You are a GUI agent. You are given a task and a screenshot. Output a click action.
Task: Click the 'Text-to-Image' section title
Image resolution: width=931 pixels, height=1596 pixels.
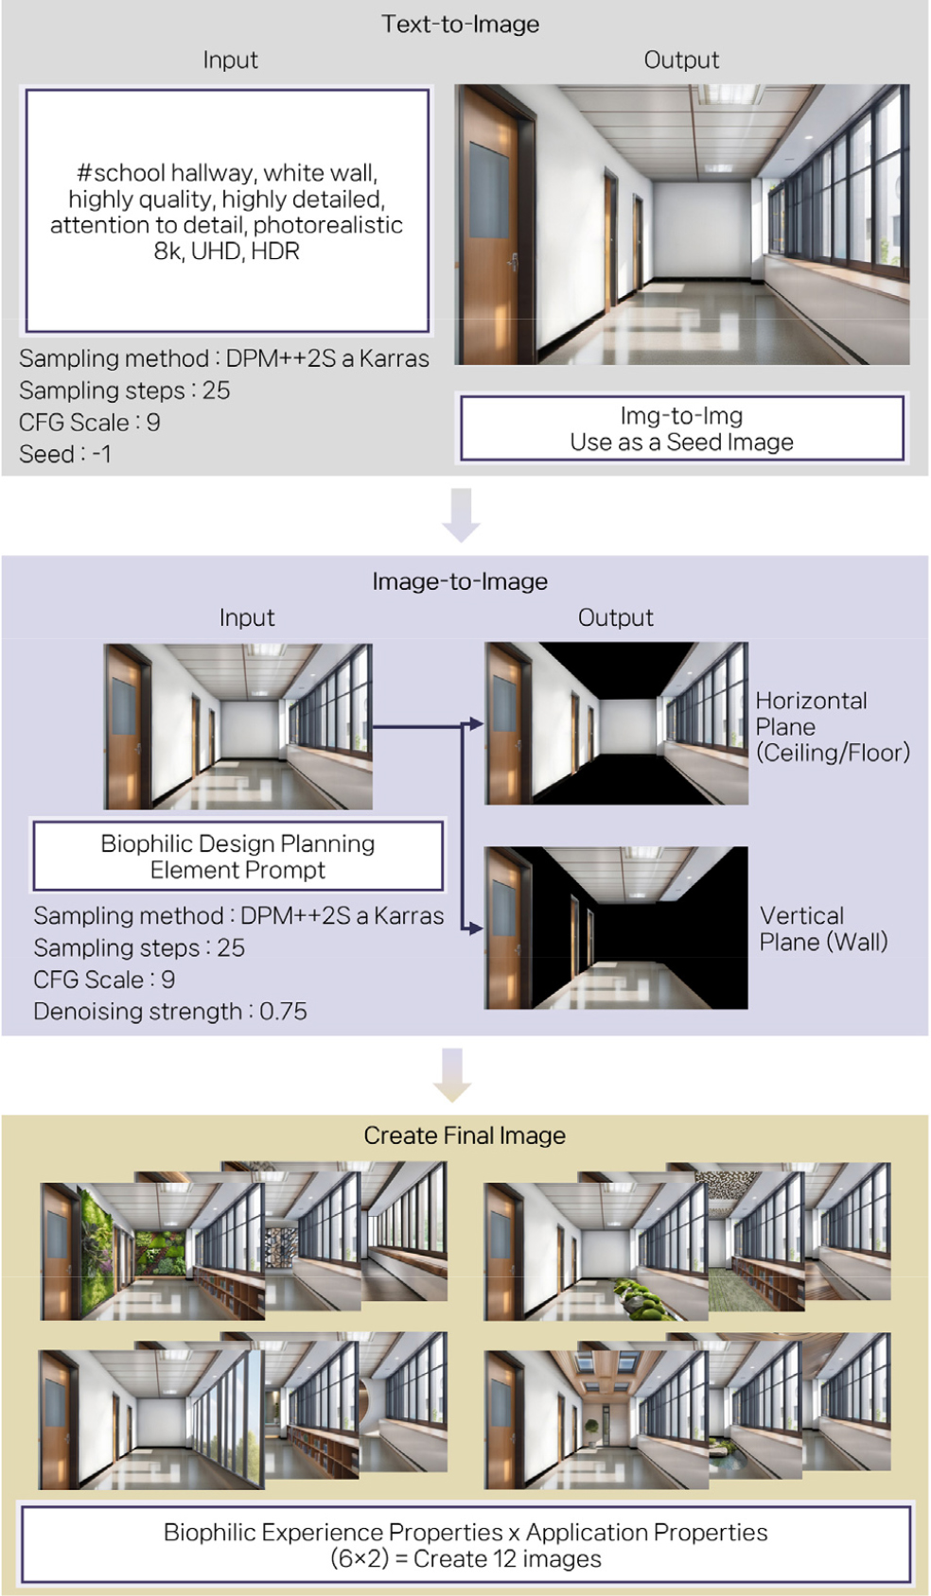click(460, 24)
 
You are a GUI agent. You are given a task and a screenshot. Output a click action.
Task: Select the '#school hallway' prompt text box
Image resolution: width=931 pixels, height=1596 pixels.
click(227, 211)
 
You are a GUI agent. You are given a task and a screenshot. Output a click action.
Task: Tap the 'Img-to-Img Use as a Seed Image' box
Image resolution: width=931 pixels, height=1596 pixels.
click(681, 428)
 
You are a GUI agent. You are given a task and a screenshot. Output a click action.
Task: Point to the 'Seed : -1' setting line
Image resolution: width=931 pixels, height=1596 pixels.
click(65, 454)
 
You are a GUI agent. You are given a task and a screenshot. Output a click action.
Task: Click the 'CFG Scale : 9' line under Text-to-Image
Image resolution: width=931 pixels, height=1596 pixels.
click(89, 422)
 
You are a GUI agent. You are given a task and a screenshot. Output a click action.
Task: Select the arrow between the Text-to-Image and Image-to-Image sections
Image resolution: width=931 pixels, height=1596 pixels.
click(461, 514)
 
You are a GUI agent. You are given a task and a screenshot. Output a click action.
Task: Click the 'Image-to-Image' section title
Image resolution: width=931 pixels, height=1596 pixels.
click(460, 581)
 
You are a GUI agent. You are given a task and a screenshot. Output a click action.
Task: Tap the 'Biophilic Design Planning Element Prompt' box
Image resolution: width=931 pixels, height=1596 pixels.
click(237, 856)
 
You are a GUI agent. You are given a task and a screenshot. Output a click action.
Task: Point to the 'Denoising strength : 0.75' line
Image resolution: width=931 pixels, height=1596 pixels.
click(170, 1011)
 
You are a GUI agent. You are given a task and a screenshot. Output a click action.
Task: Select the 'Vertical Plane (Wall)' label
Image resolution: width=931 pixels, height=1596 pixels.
click(823, 928)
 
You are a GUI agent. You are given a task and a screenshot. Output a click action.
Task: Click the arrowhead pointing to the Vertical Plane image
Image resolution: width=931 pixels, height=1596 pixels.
click(475, 928)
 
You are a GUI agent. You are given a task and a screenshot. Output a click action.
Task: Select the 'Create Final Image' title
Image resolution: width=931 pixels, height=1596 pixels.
click(465, 1135)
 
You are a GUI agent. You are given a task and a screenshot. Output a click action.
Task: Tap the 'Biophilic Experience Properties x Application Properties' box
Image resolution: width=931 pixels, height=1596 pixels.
click(465, 1545)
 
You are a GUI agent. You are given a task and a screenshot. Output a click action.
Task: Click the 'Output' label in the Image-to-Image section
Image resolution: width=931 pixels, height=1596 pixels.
click(615, 617)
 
